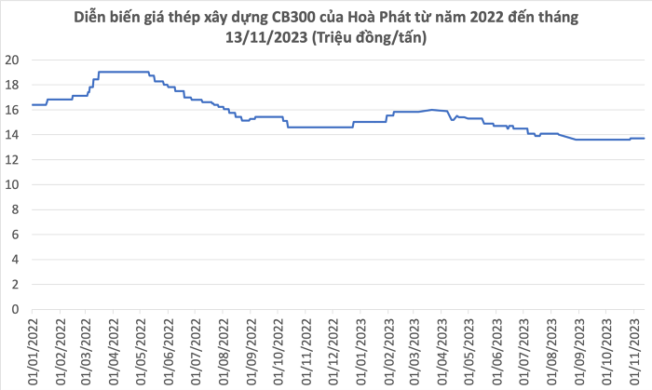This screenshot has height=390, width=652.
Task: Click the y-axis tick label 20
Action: pos(14,61)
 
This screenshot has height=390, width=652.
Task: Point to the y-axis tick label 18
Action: pos(14,85)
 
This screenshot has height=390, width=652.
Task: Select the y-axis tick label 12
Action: pos(14,159)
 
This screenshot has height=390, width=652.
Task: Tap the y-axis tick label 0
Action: pos(17,309)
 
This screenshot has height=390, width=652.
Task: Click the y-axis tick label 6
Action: pos(17,235)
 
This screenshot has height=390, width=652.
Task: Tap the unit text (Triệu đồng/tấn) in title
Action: pos(372,36)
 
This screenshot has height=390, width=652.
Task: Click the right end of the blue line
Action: pos(645,138)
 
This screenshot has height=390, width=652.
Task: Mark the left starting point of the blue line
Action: pos(33,104)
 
